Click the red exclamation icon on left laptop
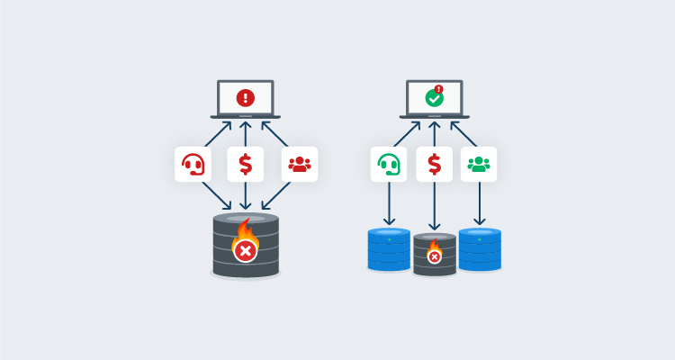click(245, 97)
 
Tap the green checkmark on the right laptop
click(434, 98)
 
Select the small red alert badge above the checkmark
click(439, 89)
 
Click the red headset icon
click(193, 165)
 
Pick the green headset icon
click(389, 165)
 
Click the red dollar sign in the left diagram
click(245, 165)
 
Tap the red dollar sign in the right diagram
click(434, 165)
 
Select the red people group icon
click(299, 165)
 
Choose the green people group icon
click(479, 165)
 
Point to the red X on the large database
click(245, 250)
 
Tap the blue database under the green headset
click(389, 250)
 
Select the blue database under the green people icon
click(480, 250)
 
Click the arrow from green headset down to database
click(389, 203)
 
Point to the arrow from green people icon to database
click(480, 203)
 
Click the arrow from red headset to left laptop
click(218, 134)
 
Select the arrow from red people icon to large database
click(276, 195)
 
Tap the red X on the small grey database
click(435, 256)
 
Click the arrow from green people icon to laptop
click(464, 133)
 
